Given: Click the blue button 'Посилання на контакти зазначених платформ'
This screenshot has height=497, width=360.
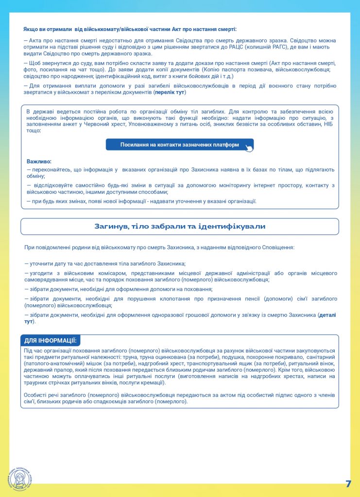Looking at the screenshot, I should pos(179,145).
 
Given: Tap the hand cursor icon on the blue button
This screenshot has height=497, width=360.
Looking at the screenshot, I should pos(248,148).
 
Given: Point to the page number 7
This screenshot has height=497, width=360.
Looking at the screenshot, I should pos(348,483).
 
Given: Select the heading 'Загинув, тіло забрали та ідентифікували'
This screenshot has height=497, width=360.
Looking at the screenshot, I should pos(180,227).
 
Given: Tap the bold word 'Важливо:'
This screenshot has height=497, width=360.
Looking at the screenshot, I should pos(39,161).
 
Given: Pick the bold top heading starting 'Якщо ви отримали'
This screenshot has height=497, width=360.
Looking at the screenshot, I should pos(130,29).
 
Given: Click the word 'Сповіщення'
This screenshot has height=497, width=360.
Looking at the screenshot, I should pos(277,248).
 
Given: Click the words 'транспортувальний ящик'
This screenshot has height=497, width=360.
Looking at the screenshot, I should pos(223,364).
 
